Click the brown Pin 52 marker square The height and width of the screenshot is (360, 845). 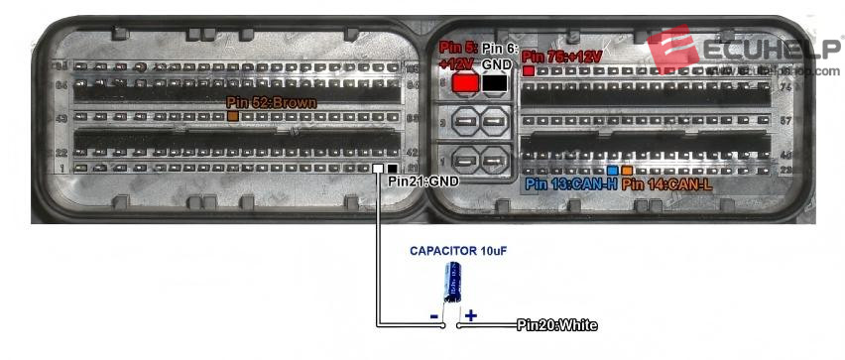click(x=233, y=117)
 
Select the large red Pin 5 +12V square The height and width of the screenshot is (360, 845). click(x=463, y=84)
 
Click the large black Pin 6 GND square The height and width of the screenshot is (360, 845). click(x=494, y=84)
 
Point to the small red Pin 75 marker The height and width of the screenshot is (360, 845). click(x=529, y=71)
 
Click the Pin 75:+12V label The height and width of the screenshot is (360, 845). click(x=561, y=57)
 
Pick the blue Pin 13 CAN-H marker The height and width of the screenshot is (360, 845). click(x=613, y=171)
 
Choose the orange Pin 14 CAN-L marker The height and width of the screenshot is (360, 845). click(x=627, y=171)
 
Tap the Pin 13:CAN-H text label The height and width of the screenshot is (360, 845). click(x=571, y=184)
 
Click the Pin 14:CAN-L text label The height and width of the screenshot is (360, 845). click(x=666, y=184)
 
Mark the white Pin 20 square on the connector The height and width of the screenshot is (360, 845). click(x=378, y=170)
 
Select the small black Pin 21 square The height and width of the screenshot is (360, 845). click(x=393, y=170)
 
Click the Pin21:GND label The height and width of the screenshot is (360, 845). click(x=423, y=181)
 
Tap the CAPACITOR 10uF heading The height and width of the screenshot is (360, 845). click(x=458, y=251)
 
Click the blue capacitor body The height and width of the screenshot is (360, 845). click(x=452, y=283)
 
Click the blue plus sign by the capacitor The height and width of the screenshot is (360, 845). click(x=471, y=315)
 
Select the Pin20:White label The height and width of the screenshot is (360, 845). click(x=556, y=325)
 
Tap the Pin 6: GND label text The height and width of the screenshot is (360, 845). click(x=494, y=56)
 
